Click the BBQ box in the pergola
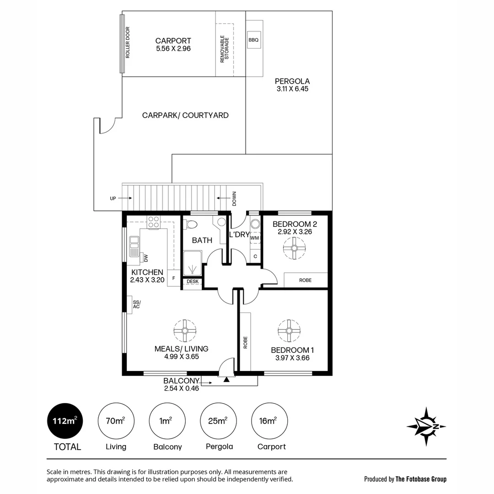tap(253, 40)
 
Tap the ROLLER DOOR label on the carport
tap(128, 44)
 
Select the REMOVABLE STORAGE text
tap(224, 49)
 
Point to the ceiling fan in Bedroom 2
tap(294, 249)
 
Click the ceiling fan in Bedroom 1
tap(289, 330)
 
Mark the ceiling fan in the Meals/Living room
tap(185, 330)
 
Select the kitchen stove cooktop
tap(153, 222)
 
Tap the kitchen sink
tap(134, 247)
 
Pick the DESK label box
tap(193, 282)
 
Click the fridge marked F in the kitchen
tap(174, 278)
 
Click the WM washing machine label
tap(254, 238)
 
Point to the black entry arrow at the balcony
tap(226, 379)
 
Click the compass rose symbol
tap(426, 426)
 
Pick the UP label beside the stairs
tap(113, 199)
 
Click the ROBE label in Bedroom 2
tap(305, 280)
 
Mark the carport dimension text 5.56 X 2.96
tap(173, 48)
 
